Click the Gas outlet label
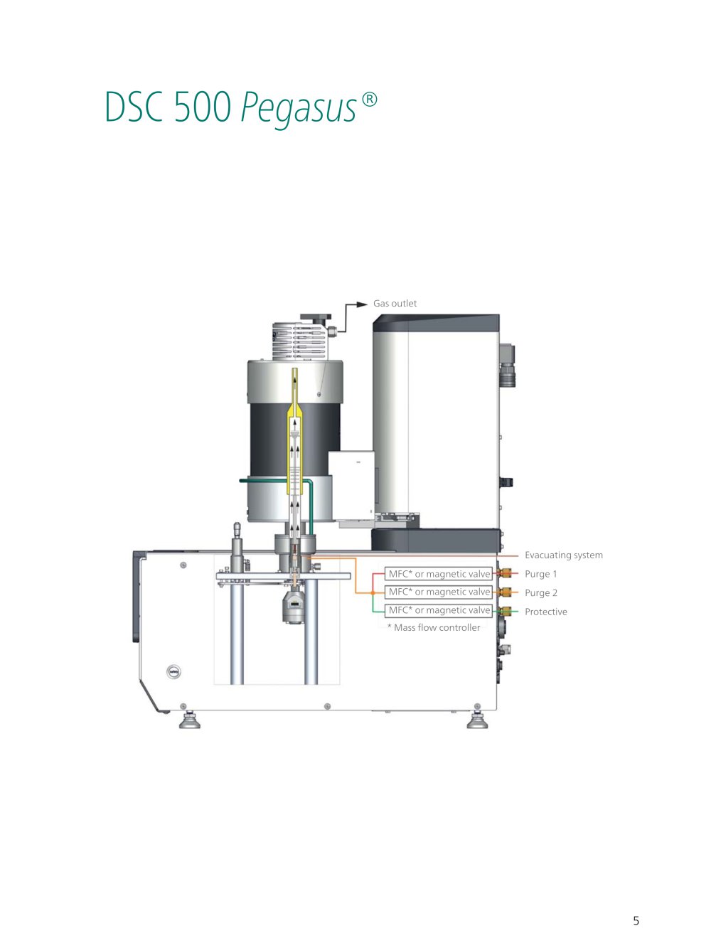coord(395,304)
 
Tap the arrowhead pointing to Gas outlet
coord(362,304)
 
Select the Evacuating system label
coord(563,555)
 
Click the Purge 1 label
coord(540,574)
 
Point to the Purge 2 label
coord(541,593)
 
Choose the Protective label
coord(545,612)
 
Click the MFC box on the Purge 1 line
coord(439,574)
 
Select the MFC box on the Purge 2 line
coord(439,592)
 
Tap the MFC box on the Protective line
coord(439,610)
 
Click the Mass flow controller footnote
coord(434,627)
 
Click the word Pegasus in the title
coord(299,108)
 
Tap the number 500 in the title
coord(202,106)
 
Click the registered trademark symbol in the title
coord(369,100)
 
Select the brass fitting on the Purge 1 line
coord(505,573)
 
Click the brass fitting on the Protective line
coord(505,611)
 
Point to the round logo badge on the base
coord(173,672)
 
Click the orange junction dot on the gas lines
coord(373,592)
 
